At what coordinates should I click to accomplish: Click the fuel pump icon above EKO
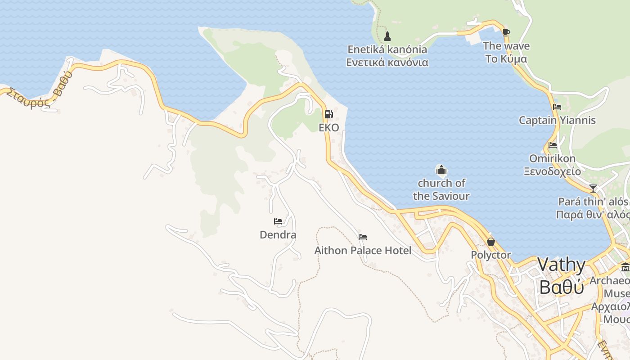(x=328, y=114)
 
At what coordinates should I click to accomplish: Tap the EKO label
(x=328, y=128)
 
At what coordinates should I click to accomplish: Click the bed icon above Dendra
(x=278, y=221)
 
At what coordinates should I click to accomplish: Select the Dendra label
(x=278, y=235)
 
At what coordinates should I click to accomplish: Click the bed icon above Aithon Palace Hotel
(x=363, y=237)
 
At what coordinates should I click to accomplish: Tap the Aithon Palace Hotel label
(x=363, y=251)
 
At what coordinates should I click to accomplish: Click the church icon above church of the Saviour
(x=441, y=170)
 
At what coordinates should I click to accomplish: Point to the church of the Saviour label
(x=441, y=189)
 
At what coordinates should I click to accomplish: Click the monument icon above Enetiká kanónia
(x=387, y=36)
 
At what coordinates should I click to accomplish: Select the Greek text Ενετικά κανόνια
(x=387, y=63)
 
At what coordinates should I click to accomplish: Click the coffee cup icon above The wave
(x=506, y=32)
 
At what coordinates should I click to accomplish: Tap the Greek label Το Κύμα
(x=506, y=59)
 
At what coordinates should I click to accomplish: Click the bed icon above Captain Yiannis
(x=557, y=107)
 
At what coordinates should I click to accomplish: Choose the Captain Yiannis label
(x=557, y=121)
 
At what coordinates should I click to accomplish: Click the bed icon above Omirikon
(x=552, y=145)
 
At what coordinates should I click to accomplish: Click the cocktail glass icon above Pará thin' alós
(x=593, y=188)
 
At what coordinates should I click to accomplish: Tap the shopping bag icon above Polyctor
(x=491, y=242)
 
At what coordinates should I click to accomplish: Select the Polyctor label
(x=491, y=255)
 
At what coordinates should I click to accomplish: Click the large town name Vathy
(x=562, y=265)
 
